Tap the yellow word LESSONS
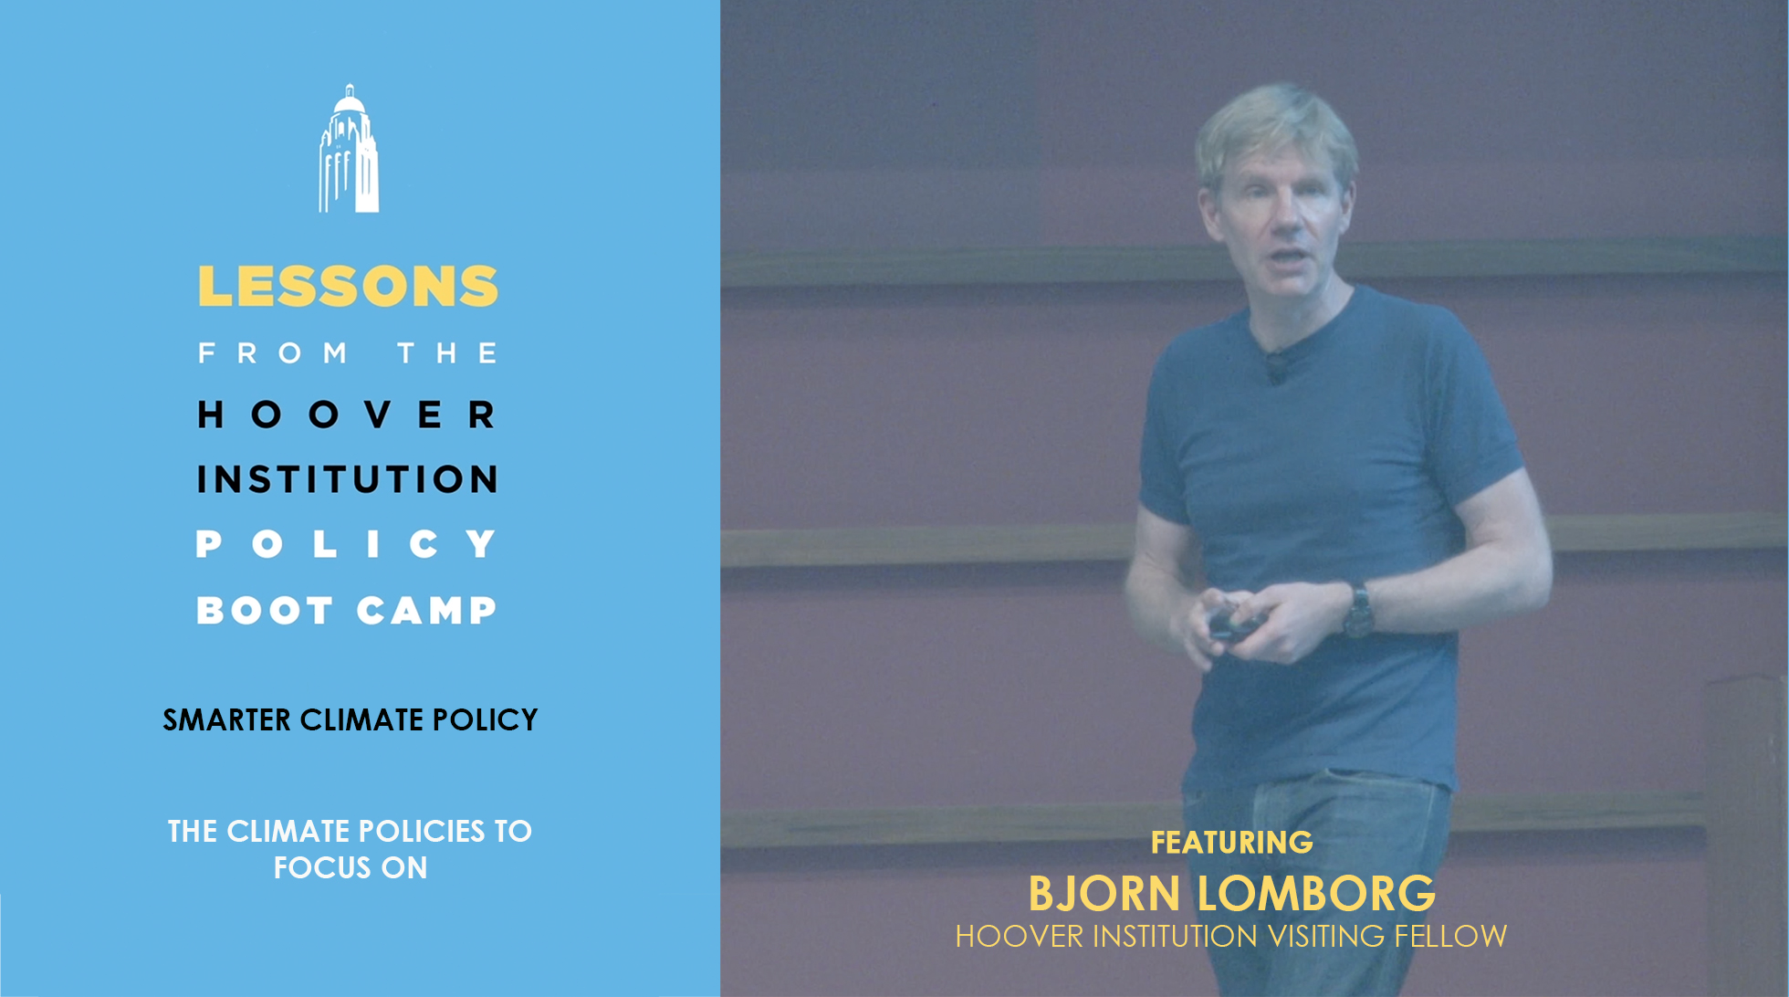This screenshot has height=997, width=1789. coord(348,287)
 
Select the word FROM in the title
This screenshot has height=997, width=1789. coord(273,353)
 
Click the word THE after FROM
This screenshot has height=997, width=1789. coord(447,353)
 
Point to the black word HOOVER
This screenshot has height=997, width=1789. coord(348,415)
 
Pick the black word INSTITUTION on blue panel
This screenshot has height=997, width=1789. coord(348,479)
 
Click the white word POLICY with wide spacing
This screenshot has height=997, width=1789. coord(348,544)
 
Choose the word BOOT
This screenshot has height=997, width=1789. coord(265,610)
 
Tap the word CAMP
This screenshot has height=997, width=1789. coord(426,610)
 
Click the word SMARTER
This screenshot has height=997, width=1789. coord(226,720)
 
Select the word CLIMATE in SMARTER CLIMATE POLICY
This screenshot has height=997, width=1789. coord(361,720)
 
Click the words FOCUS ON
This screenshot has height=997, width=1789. coord(350,867)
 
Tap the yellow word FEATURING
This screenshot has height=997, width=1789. coord(1231,842)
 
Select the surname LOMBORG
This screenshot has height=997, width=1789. coord(1316,894)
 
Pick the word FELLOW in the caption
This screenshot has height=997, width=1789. coord(1450,936)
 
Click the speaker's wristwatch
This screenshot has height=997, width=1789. coord(1358,610)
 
